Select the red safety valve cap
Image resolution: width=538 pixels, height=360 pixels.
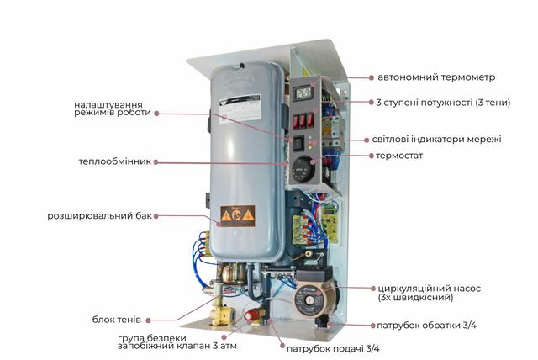(x=253, y=315)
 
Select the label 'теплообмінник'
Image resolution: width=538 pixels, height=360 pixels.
(x=115, y=162)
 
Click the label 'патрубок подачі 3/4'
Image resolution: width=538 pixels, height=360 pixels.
(x=333, y=348)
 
